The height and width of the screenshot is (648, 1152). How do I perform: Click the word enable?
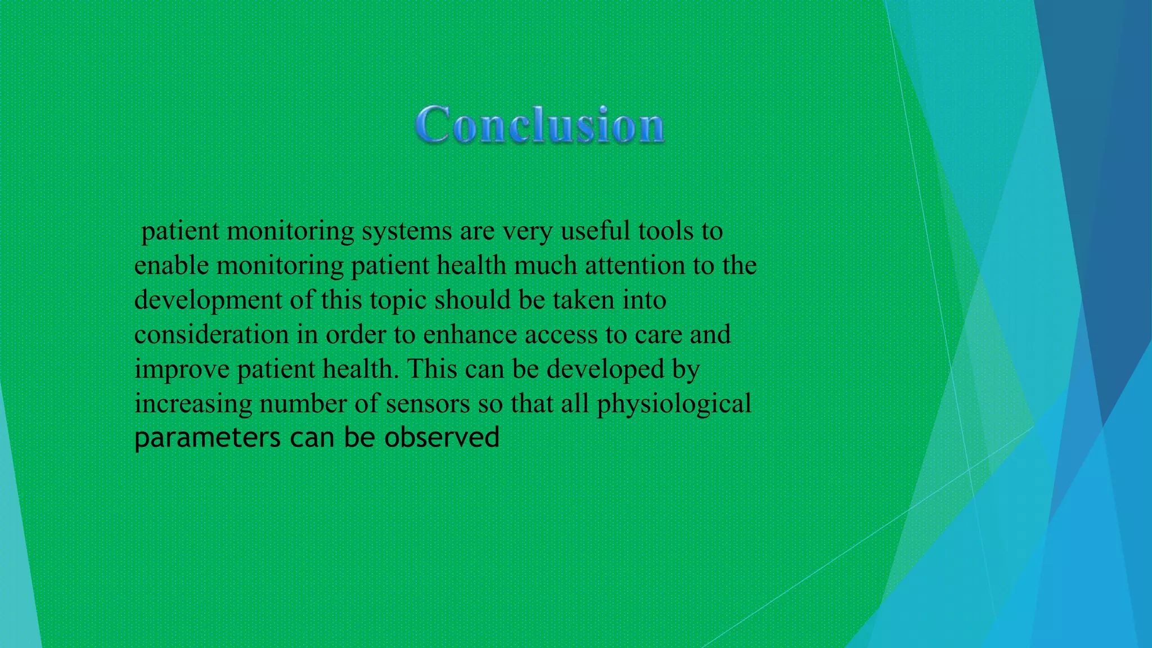pyautogui.click(x=172, y=265)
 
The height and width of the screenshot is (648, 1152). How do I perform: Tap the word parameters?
pyautogui.click(x=208, y=439)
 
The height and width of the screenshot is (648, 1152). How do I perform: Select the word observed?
pyautogui.click(x=442, y=438)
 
